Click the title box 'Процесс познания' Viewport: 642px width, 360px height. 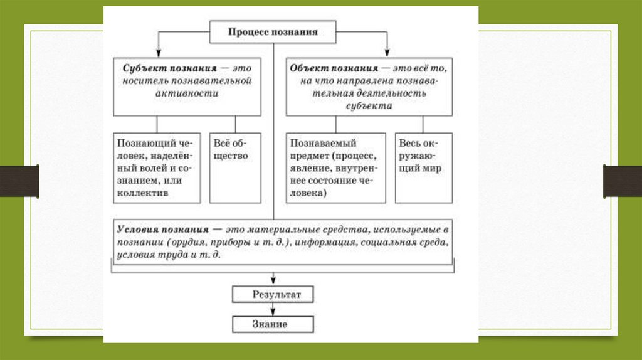tap(273, 31)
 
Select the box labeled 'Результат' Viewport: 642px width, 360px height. tap(273, 294)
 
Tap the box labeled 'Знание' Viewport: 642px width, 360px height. tap(273, 324)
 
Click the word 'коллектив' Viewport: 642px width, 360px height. tap(139, 193)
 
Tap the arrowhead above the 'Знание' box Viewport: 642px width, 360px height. tap(273, 312)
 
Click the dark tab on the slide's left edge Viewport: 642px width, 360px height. tap(19, 181)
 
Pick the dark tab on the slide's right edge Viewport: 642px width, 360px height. tap(623, 181)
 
